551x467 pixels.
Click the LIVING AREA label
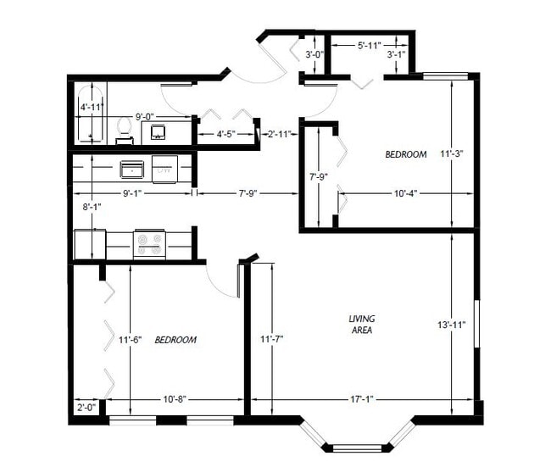[x=362, y=324]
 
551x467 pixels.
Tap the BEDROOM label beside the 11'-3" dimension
[x=405, y=154]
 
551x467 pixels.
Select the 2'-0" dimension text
[x=85, y=407]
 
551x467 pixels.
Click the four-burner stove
[x=149, y=244]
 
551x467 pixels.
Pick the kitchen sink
[x=131, y=170]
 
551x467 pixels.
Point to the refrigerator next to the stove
[x=89, y=244]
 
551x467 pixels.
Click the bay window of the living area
[x=357, y=439]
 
